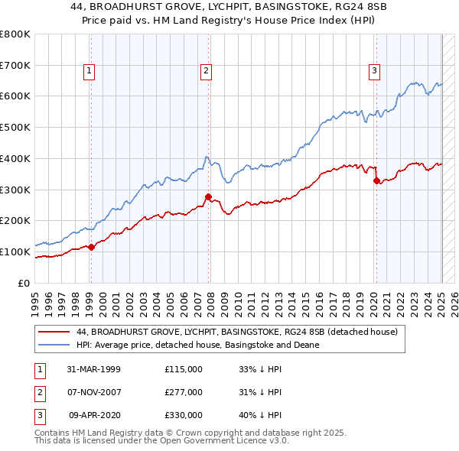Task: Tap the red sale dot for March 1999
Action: click(x=91, y=247)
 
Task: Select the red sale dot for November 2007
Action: click(x=208, y=196)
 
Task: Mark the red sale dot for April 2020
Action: click(x=376, y=180)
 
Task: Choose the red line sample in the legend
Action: click(x=53, y=333)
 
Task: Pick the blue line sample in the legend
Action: click(x=53, y=346)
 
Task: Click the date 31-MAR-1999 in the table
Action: click(x=94, y=369)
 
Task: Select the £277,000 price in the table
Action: click(x=183, y=392)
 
